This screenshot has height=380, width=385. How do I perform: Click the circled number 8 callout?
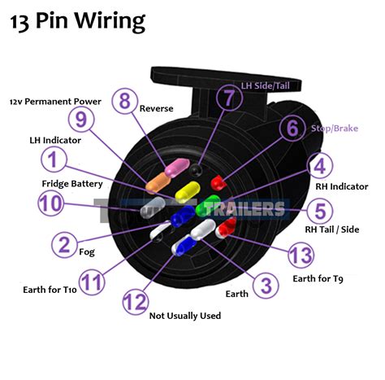tap(125, 102)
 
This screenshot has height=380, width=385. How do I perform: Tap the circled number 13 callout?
tap(301, 256)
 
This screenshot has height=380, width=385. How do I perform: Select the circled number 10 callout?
tap(51, 203)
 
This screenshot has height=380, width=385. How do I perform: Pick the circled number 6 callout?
tap(292, 128)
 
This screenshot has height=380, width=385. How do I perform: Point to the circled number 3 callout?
tap(266, 286)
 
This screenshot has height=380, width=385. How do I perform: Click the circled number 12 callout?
tap(136, 301)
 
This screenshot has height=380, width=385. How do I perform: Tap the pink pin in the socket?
tap(177, 168)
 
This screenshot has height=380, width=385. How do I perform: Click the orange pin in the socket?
tap(158, 181)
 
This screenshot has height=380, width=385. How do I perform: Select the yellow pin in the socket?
tap(188, 191)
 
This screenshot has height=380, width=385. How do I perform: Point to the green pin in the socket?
tap(208, 205)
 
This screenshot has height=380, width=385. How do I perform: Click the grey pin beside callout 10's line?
tap(153, 207)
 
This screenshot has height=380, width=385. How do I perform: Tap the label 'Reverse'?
tap(156, 108)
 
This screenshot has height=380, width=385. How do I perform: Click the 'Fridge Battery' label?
tap(72, 184)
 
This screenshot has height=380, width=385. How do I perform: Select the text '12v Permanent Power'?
tap(55, 102)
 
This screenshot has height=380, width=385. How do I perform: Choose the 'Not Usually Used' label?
tap(185, 316)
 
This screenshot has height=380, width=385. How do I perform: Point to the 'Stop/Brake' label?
tap(335, 129)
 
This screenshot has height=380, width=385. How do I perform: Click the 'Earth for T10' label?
tap(50, 290)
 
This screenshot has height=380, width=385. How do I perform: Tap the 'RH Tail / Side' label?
tap(332, 229)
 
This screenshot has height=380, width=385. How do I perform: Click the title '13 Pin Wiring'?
tap(78, 21)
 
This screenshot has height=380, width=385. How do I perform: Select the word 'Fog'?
tap(87, 252)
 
